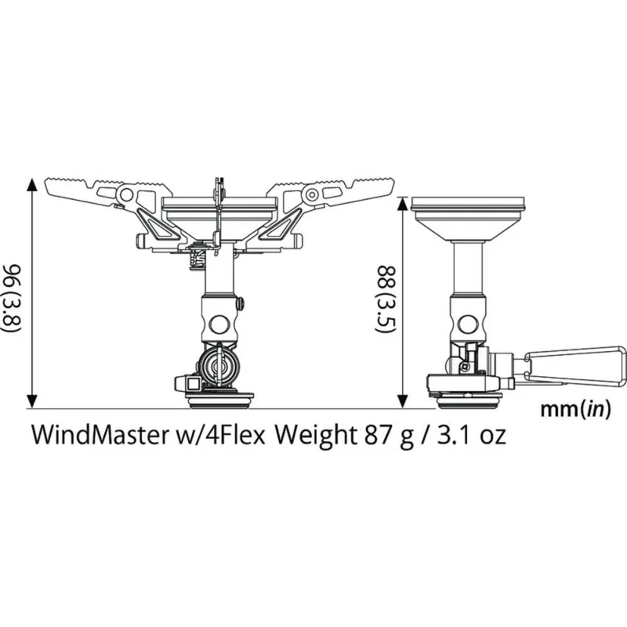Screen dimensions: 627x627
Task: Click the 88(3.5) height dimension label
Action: (x=384, y=300)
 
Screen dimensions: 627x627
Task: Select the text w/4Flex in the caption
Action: (x=221, y=436)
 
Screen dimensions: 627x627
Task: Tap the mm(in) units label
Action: (x=575, y=410)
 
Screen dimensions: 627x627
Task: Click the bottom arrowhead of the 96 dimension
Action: (x=31, y=400)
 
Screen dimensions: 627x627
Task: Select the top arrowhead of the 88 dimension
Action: (x=402, y=202)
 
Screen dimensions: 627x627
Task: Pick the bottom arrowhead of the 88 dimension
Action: (x=402, y=400)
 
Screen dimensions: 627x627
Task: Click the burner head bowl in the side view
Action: (x=469, y=221)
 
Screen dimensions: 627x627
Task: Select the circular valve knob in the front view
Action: (x=219, y=366)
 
